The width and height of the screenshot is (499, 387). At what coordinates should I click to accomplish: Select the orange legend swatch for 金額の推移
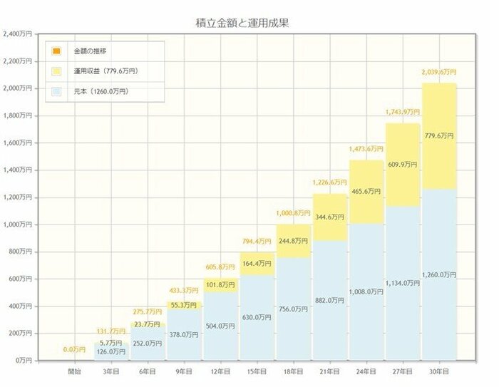pos(56,52)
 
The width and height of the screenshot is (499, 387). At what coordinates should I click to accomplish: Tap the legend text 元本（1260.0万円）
pos(99,92)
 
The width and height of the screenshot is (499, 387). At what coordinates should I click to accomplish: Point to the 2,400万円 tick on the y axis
pos(16,34)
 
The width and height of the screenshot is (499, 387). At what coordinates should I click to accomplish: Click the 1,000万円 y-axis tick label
pos(16,225)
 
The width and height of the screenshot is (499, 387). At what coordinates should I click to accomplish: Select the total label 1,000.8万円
pos(292,213)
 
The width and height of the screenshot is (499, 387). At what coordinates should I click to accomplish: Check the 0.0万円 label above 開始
pos(73,349)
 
